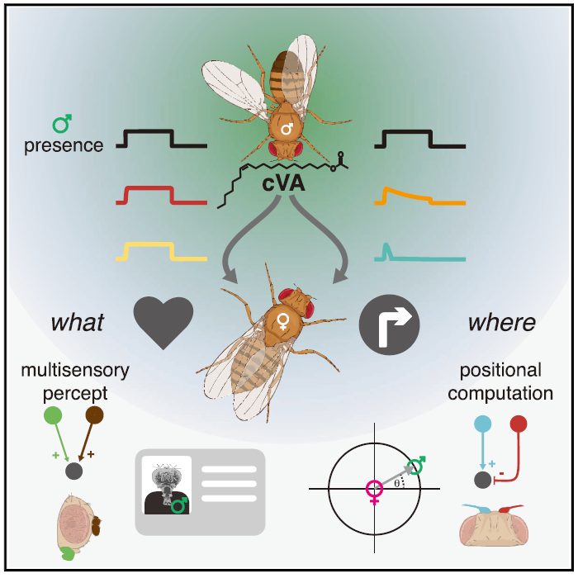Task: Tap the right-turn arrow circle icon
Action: coord(389,322)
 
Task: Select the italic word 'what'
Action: coord(78,322)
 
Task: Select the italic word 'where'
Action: coord(501,322)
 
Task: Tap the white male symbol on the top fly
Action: coord(287,130)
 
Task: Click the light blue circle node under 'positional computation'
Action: coord(482,424)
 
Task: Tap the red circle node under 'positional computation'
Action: coord(519,424)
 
